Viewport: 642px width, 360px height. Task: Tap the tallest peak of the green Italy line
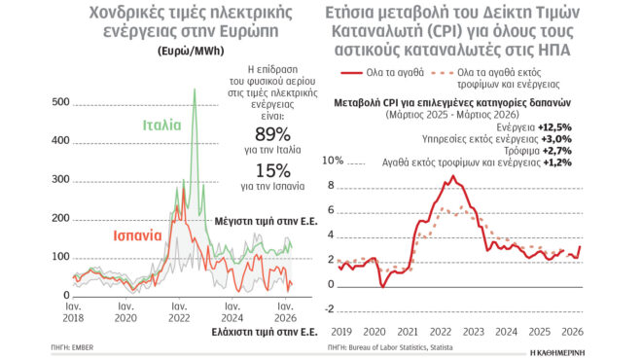194,90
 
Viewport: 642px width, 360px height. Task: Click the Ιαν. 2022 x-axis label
179,311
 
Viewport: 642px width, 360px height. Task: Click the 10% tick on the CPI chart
333,160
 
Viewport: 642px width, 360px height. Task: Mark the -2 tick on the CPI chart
332,309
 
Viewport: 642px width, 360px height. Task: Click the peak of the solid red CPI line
452,175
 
